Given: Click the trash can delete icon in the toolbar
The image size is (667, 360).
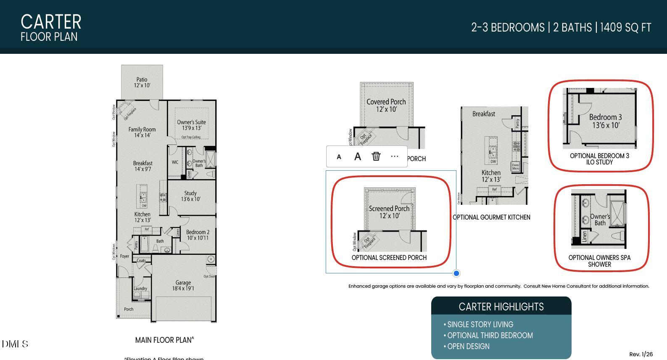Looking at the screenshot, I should click(x=376, y=156).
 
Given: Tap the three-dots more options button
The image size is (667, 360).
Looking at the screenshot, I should click(x=394, y=156).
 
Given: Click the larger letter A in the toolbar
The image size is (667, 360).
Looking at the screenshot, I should click(x=358, y=156).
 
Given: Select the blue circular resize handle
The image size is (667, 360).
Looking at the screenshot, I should click(x=456, y=273).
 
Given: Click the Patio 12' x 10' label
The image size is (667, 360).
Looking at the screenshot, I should click(x=142, y=82).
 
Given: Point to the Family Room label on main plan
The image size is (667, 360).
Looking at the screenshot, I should click(x=142, y=132).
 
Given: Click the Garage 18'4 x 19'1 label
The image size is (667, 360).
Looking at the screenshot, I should click(x=183, y=286).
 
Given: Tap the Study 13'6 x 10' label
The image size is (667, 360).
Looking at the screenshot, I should click(x=190, y=196).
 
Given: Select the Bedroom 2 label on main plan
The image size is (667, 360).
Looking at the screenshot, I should click(x=198, y=235).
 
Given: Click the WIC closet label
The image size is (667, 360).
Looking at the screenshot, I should click(x=175, y=162).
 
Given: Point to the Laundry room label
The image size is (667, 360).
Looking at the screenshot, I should click(x=140, y=289).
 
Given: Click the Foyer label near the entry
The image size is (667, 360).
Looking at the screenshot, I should click(x=125, y=256).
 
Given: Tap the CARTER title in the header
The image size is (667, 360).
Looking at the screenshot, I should click(x=51, y=22).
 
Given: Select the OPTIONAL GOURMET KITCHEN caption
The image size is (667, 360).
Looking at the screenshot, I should click(x=491, y=217).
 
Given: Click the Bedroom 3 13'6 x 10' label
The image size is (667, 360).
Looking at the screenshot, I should click(x=606, y=121).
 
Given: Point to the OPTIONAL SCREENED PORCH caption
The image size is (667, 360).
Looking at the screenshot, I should click(x=389, y=258).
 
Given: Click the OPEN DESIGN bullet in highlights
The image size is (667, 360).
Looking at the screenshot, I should click(x=468, y=347).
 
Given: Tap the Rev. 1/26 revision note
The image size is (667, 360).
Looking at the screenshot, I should click(x=641, y=355).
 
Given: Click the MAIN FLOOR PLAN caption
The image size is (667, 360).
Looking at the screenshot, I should click(x=164, y=340).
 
